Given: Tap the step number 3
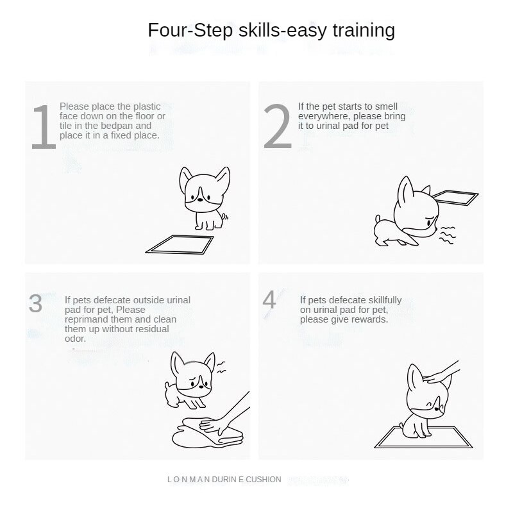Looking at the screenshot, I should (x=36, y=303).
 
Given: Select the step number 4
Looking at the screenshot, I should (x=270, y=299).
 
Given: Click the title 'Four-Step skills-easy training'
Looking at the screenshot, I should (x=271, y=30).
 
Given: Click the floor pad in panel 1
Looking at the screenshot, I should (x=179, y=244).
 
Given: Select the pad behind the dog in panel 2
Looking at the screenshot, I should (x=456, y=198).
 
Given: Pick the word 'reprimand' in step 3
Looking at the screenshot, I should (x=85, y=319).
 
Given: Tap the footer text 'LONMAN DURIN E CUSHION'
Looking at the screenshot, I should (x=224, y=479).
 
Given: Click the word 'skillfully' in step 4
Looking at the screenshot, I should (x=381, y=299).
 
